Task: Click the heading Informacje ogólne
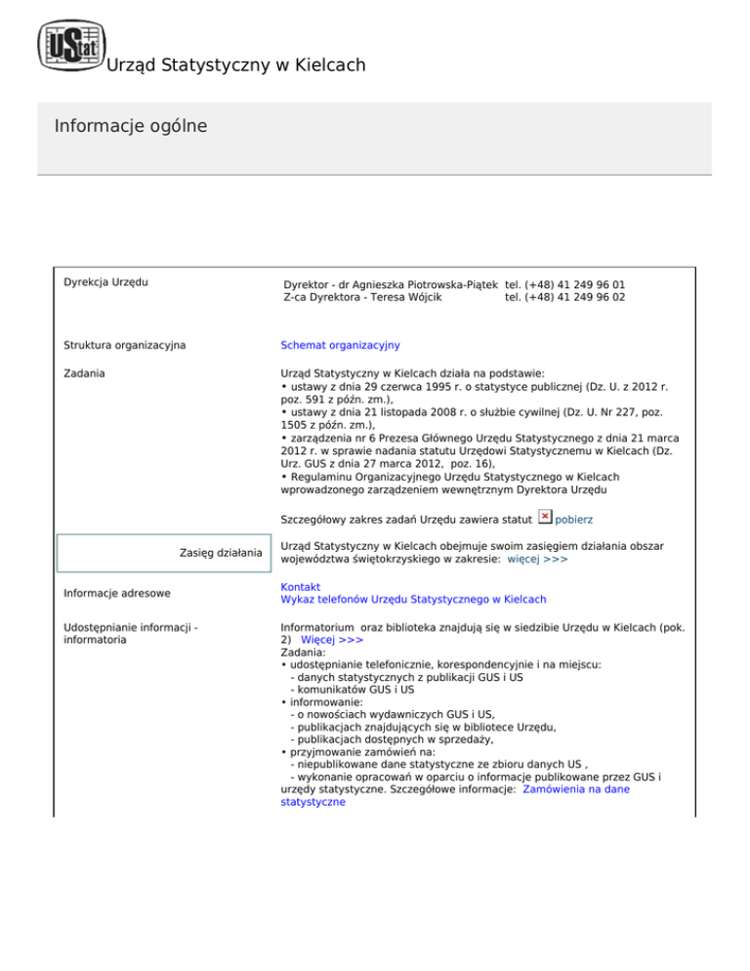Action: (x=131, y=127)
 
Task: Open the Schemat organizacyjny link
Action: (x=340, y=345)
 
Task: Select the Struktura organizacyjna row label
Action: (x=124, y=345)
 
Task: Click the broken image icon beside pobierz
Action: (x=546, y=518)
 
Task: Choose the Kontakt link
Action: (x=300, y=586)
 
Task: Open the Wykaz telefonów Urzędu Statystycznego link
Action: (x=413, y=599)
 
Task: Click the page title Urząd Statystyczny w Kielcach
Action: (x=235, y=65)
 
